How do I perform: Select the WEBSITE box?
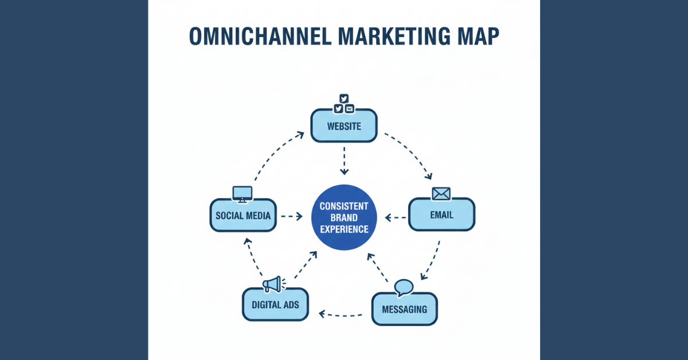pyautogui.click(x=343, y=126)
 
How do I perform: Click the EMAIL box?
pyautogui.click(x=441, y=215)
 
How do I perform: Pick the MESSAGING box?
pyautogui.click(x=404, y=309)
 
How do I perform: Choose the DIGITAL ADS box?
pyautogui.click(x=275, y=304)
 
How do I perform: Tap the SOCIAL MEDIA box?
pyautogui.click(x=243, y=215)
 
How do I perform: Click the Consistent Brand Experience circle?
pyautogui.click(x=344, y=217)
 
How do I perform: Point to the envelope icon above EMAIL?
pyautogui.click(x=441, y=194)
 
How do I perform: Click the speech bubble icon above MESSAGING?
pyautogui.click(x=404, y=287)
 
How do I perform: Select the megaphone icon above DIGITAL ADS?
pyautogui.click(x=272, y=284)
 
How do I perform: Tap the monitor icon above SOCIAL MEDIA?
pyautogui.click(x=242, y=194)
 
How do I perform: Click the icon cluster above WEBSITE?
pyautogui.click(x=343, y=104)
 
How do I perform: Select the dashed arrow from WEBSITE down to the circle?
pyautogui.click(x=344, y=161)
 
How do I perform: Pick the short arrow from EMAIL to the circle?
pyautogui.click(x=396, y=217)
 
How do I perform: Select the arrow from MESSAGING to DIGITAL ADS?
pyautogui.click(x=341, y=314)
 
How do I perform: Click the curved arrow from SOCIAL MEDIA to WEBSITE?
pyautogui.click(x=275, y=158)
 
